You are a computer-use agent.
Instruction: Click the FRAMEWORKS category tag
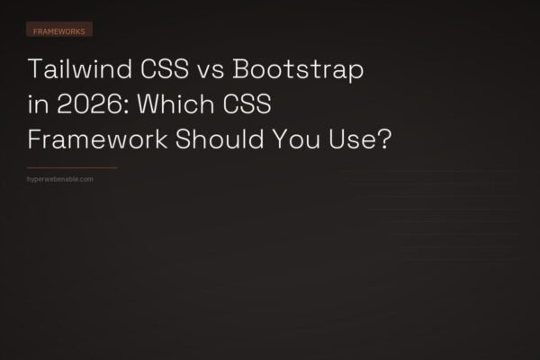pos(59,30)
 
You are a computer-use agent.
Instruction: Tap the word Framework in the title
pos(90,140)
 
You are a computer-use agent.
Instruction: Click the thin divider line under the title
pos(73,167)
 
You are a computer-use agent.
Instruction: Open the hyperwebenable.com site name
pos(62,178)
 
